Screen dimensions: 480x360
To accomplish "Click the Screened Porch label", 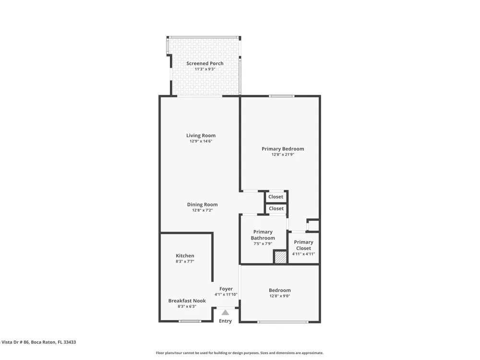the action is click(x=205, y=63).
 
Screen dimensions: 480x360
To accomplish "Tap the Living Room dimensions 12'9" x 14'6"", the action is click(x=201, y=141).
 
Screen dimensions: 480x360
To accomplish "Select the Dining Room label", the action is click(x=203, y=204).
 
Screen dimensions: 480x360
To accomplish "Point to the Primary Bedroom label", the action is click(x=283, y=149).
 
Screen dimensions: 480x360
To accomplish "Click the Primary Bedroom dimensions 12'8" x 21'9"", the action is click(x=283, y=155).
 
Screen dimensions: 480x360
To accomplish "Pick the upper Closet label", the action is click(x=276, y=197).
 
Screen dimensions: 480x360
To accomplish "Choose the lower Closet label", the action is click(x=276, y=208).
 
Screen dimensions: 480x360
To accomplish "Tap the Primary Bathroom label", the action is click(x=263, y=235).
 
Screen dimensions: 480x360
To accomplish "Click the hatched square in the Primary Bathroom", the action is click(x=280, y=257).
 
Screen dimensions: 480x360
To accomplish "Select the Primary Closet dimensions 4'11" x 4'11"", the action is click(x=303, y=254).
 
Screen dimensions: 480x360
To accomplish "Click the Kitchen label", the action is click(x=185, y=256).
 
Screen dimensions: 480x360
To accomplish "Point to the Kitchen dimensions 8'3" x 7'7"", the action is click(x=185, y=262).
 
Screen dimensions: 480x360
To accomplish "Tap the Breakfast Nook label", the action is click(x=187, y=300).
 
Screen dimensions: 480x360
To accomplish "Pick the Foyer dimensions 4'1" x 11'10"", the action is click(x=226, y=295).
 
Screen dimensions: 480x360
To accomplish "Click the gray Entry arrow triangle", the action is click(x=225, y=312).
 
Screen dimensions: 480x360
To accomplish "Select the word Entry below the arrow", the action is click(x=225, y=321).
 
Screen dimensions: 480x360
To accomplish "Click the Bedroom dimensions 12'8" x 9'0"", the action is click(x=280, y=296).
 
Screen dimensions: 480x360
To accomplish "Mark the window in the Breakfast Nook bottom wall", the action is click(x=190, y=321).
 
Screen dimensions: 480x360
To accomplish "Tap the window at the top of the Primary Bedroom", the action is click(x=282, y=96).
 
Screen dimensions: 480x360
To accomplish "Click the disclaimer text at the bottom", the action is click(x=240, y=353).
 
